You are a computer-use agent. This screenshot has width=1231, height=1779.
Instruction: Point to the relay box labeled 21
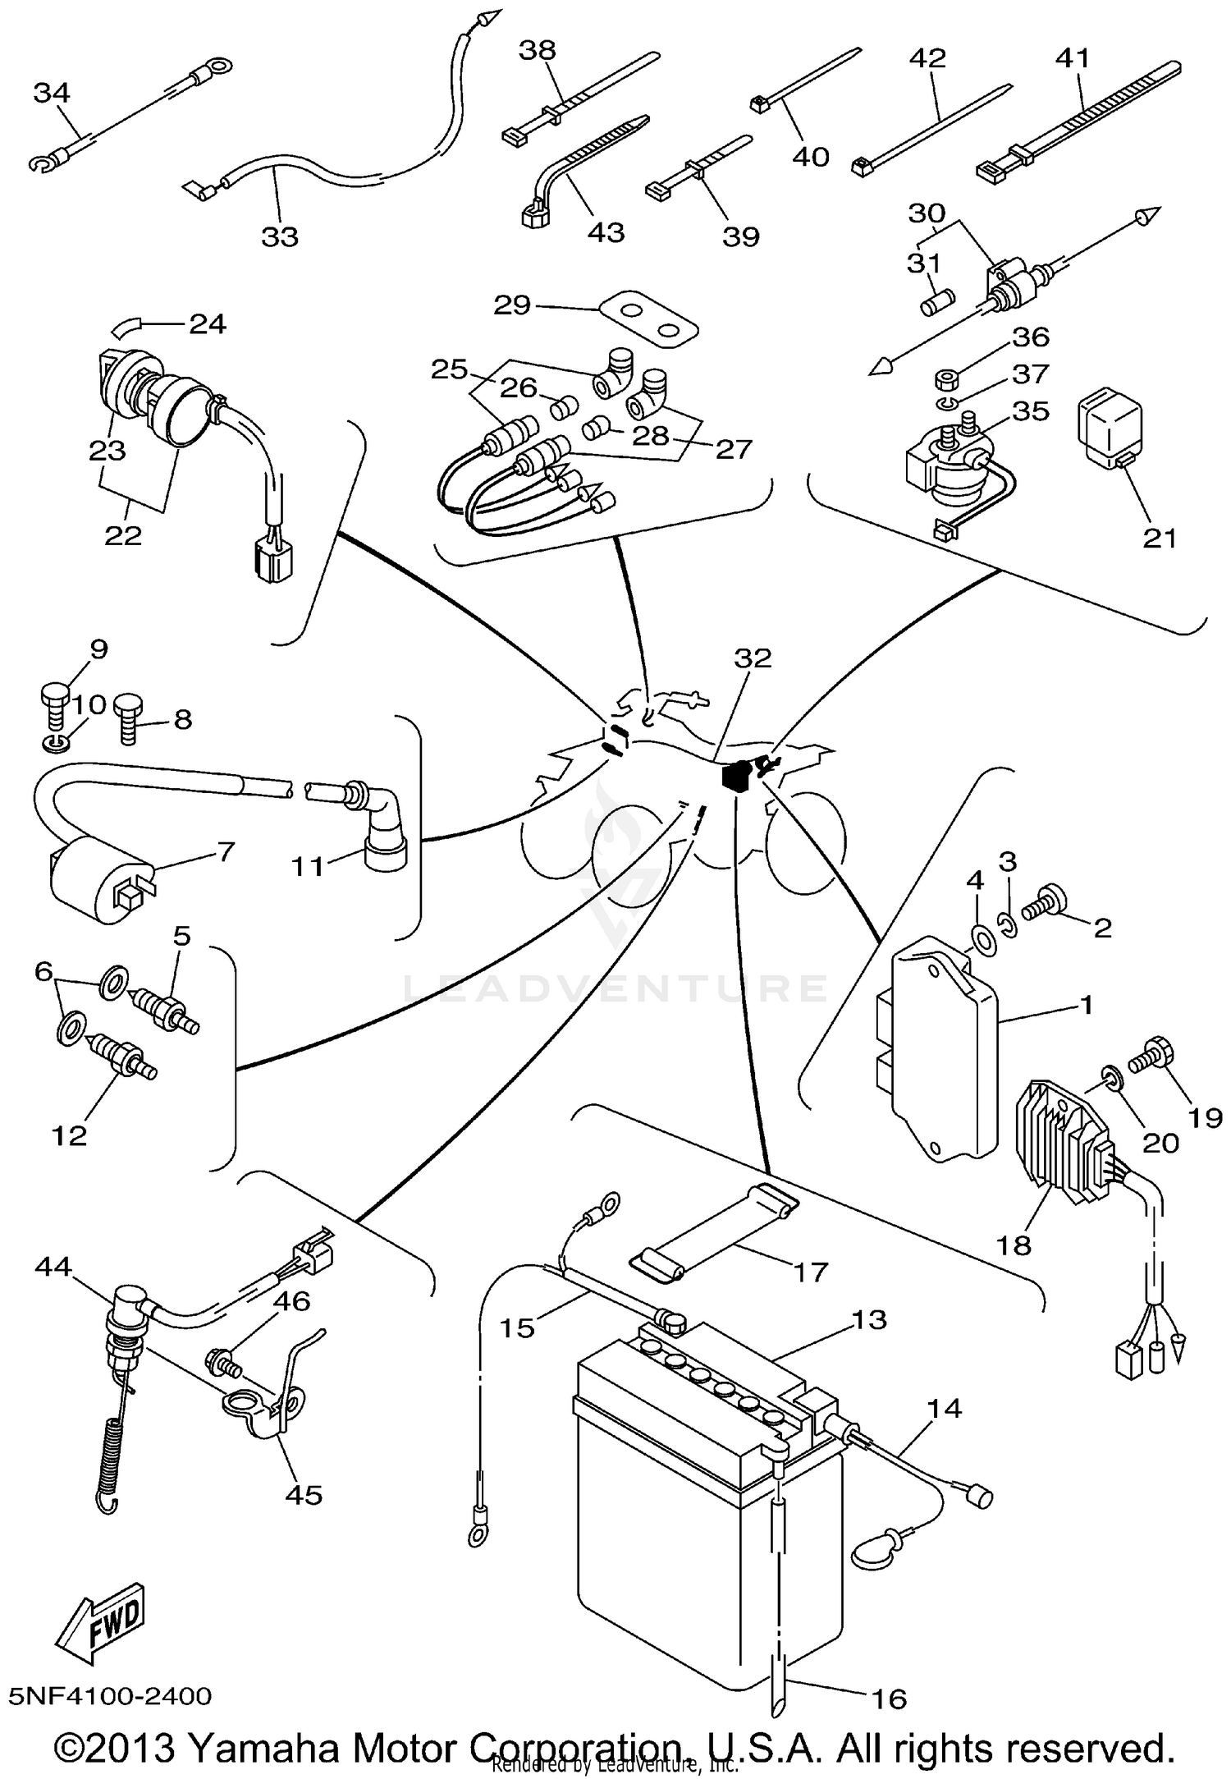1109,428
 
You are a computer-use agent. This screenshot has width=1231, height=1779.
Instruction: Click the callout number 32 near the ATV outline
753,658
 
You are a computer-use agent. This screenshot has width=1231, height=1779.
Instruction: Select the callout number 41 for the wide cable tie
1073,57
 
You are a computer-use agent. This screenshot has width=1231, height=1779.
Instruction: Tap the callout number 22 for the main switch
123,535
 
